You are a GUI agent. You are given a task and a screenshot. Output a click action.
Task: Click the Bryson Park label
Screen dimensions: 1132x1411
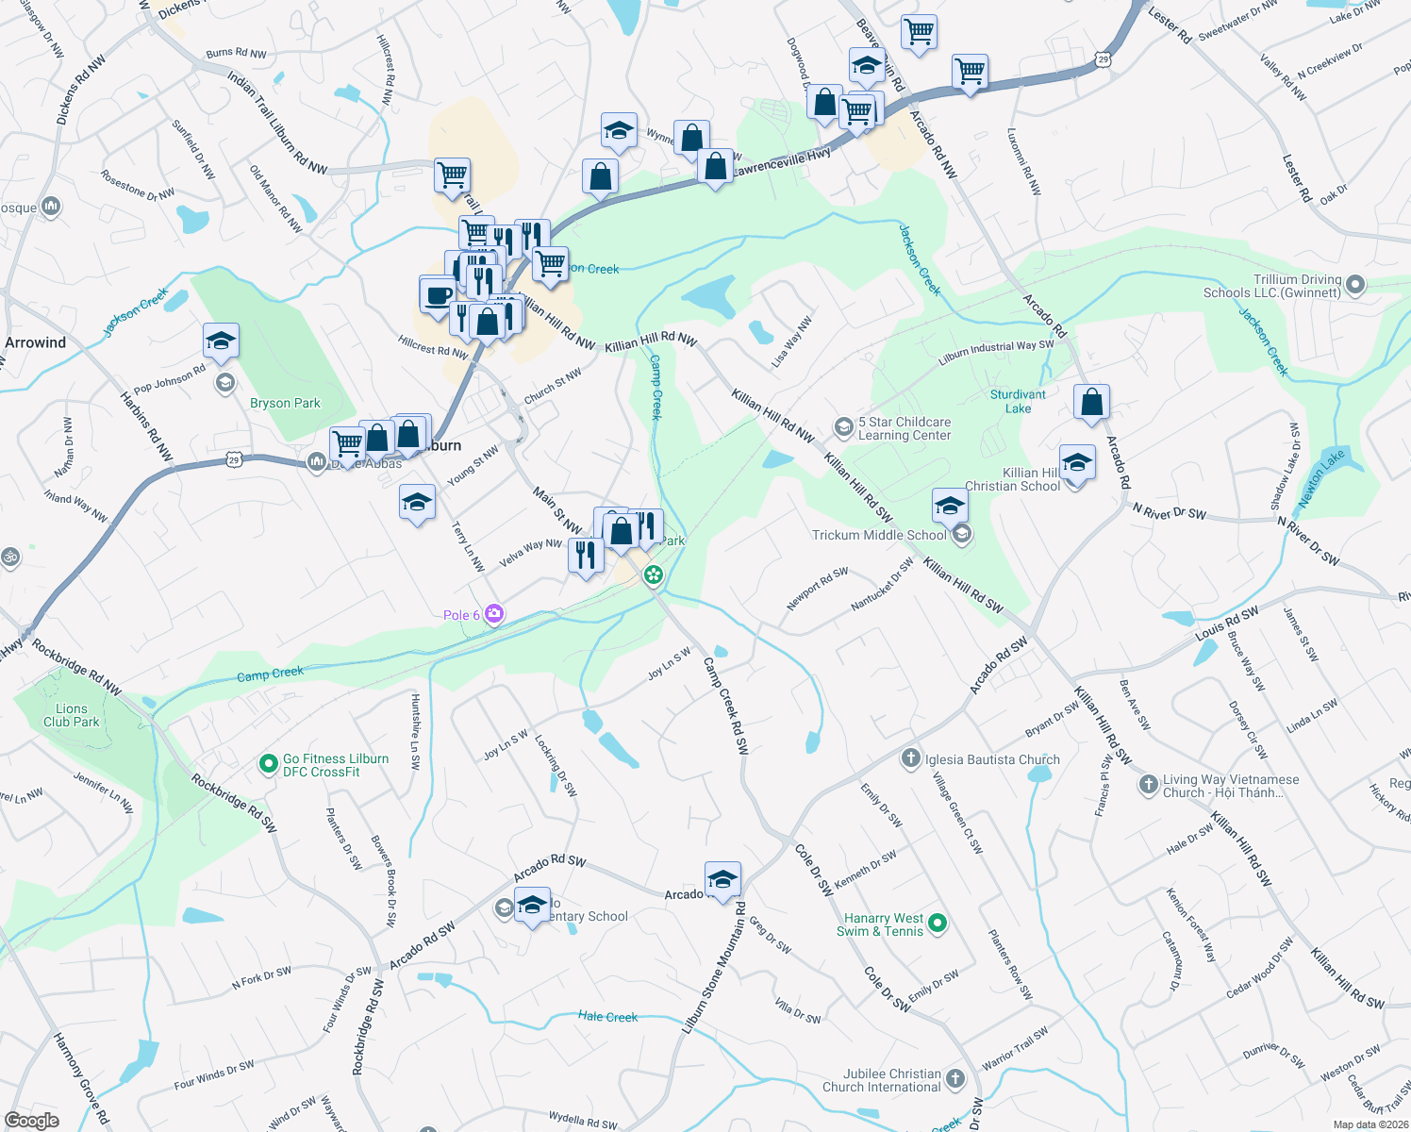[285, 403]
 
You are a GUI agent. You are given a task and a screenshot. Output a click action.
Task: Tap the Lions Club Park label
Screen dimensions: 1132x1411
[71, 715]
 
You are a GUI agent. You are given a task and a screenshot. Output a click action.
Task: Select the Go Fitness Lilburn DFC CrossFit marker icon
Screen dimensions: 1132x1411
[268, 763]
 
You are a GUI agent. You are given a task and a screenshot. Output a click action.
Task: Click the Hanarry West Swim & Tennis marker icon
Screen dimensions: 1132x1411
[937, 924]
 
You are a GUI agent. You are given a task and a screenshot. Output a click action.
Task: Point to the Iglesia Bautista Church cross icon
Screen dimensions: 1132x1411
[910, 757]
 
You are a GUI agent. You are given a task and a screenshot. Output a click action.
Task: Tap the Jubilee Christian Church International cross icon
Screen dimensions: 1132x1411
[954, 1078]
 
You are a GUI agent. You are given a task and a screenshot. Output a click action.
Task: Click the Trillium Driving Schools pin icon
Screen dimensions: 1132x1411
[1355, 284]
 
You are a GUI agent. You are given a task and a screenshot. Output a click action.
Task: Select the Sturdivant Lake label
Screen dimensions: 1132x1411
[1018, 401]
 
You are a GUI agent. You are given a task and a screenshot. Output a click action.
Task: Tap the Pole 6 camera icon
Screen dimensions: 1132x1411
[494, 614]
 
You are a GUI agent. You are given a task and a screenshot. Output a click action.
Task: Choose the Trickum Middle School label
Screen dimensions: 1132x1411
[879, 535]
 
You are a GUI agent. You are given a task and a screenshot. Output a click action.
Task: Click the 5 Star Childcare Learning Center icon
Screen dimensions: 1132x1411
[843, 428]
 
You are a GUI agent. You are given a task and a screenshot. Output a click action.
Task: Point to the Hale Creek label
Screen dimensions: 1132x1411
[607, 1017]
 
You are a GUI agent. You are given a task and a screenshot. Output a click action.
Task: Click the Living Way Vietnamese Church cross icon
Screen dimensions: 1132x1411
[1148, 783]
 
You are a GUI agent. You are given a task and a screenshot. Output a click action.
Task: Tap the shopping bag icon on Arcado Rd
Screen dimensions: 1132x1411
[1091, 402]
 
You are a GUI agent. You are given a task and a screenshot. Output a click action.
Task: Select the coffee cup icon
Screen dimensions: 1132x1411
[437, 294]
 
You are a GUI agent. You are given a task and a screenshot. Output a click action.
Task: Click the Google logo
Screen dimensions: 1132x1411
[31, 1120]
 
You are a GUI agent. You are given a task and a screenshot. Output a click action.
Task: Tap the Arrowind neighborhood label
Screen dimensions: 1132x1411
[36, 342]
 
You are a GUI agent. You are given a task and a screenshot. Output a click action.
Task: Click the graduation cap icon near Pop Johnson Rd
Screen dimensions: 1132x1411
[221, 341]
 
